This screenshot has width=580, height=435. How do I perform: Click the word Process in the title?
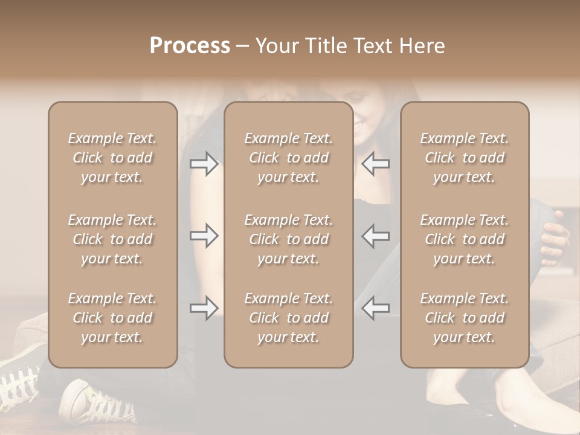(190, 46)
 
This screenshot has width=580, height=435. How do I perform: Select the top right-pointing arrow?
(204, 164)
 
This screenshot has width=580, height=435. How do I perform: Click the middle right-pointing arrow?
(204, 236)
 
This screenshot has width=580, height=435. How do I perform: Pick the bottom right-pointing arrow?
(204, 308)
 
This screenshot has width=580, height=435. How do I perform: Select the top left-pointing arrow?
(375, 164)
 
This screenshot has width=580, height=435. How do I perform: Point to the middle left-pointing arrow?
(375, 236)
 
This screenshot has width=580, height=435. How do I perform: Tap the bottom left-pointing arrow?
(375, 308)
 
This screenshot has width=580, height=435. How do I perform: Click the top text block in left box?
(112, 158)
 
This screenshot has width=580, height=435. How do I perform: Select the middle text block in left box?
(112, 239)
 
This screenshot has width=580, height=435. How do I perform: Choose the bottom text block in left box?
(112, 318)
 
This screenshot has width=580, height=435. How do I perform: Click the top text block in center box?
(288, 158)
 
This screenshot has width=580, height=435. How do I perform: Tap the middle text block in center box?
(288, 239)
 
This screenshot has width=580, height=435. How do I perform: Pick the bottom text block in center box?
(288, 318)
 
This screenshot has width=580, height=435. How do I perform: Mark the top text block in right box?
(464, 158)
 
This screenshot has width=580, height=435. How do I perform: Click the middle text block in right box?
(464, 239)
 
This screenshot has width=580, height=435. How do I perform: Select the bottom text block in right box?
(464, 318)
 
